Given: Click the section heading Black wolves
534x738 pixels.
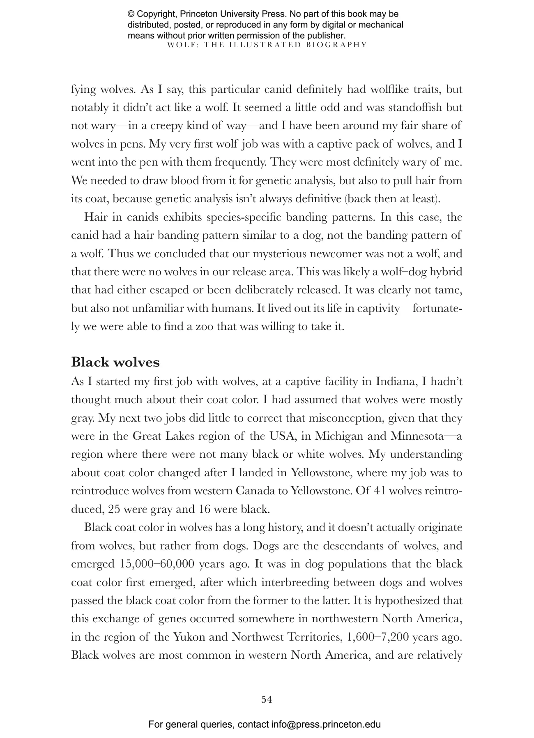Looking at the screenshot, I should click(x=115, y=362).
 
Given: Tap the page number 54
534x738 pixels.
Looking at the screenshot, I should click(x=267, y=699).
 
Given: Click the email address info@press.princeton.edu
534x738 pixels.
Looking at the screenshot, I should click(x=326, y=724).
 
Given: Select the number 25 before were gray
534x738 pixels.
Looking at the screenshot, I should click(x=114, y=509).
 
